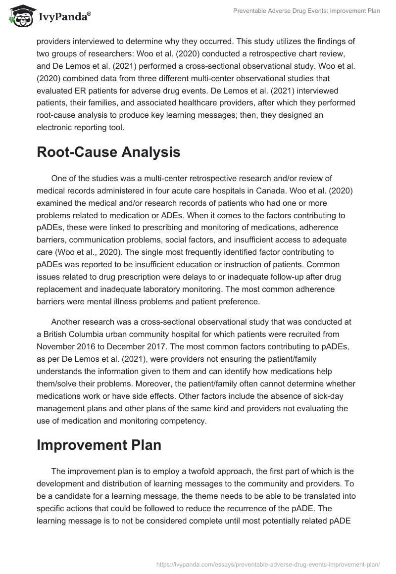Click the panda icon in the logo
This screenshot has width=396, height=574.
point(18,16)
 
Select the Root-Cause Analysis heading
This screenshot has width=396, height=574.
point(108,152)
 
